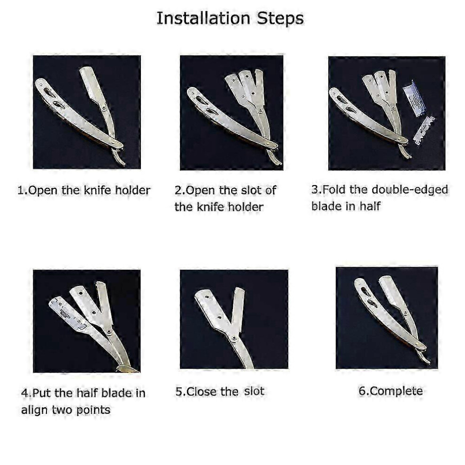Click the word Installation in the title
(x=203, y=18)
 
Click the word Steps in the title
(x=280, y=18)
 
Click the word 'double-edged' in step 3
(x=410, y=190)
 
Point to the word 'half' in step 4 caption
(x=87, y=393)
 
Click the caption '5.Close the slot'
(x=220, y=391)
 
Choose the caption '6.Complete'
(x=391, y=391)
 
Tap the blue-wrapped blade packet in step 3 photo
(x=414, y=97)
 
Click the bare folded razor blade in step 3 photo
(x=424, y=131)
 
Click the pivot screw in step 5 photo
(x=234, y=338)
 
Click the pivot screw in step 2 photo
(x=260, y=111)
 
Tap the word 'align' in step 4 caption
(x=35, y=410)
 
